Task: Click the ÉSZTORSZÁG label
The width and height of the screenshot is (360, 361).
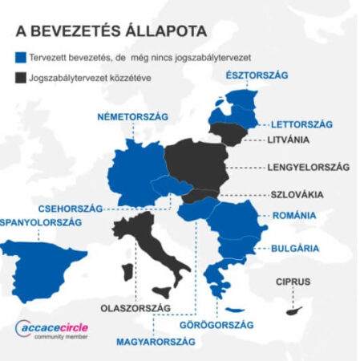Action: click(258, 75)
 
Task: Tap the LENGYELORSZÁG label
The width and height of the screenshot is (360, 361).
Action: click(309, 168)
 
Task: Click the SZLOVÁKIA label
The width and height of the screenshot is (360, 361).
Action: click(297, 194)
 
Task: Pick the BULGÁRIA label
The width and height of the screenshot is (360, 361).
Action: click(296, 248)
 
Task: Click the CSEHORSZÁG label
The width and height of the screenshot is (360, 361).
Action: click(71, 208)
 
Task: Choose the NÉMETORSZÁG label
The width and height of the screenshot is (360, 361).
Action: click(132, 117)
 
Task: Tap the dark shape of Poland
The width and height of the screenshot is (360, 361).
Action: click(196, 164)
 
